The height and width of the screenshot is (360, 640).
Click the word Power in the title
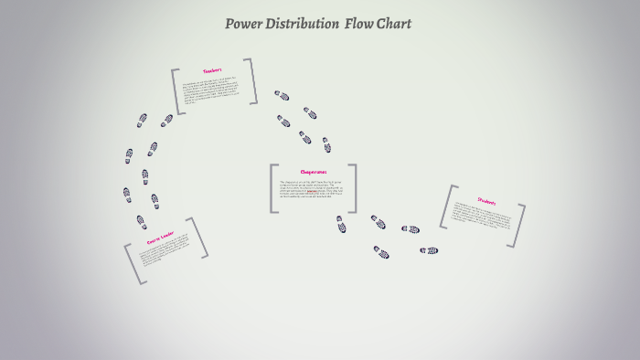[x=244, y=24]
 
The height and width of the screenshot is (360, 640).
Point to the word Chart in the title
[x=396, y=24]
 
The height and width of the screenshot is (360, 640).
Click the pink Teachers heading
[x=213, y=70]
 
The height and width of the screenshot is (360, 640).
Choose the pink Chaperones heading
[x=313, y=171]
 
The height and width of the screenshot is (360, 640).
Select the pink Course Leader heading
[x=160, y=237]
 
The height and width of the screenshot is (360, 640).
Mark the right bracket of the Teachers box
[x=251, y=80]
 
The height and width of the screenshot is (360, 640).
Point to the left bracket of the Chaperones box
[x=272, y=188]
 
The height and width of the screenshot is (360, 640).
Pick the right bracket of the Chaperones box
[x=353, y=188]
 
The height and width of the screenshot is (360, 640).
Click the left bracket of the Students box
[x=445, y=206]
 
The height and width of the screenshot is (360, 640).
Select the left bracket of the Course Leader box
[x=133, y=264]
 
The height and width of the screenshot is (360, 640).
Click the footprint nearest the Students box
[x=429, y=250]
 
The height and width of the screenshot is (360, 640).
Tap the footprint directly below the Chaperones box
[x=340, y=225]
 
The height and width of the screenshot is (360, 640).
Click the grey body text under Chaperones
[x=312, y=189]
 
